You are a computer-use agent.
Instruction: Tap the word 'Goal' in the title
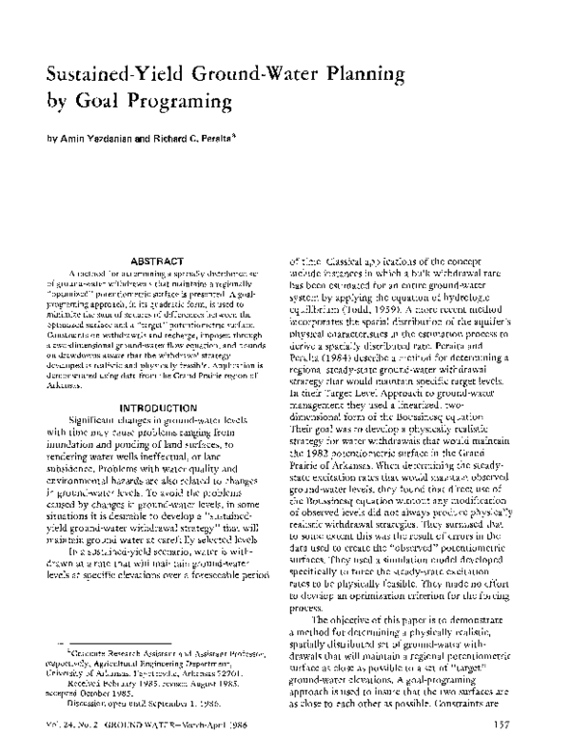(x=100, y=98)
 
